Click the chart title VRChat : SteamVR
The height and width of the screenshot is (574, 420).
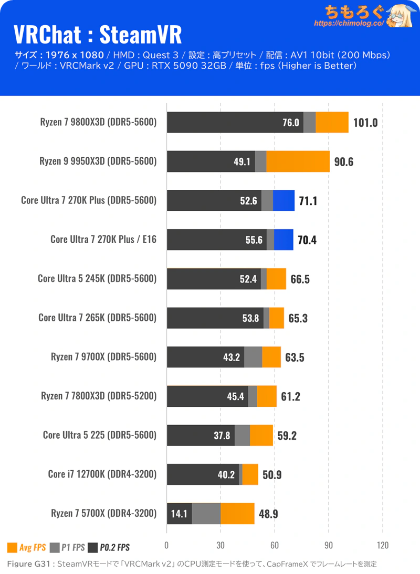pos(97,35)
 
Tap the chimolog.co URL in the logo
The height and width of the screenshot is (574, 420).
pos(349,24)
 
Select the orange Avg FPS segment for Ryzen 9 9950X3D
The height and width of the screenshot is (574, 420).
pos(298,161)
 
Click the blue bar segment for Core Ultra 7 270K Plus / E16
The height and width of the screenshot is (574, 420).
pos(283,240)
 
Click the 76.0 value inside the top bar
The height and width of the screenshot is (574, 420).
pos(290,123)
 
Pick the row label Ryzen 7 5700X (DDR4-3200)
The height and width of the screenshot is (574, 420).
pos(104,513)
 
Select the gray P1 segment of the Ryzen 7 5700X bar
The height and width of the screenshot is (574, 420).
pos(206,513)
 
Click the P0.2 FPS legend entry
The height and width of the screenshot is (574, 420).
pos(109,548)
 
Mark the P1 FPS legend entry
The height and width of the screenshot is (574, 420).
pos(67,548)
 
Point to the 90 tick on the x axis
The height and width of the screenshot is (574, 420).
pos(329,545)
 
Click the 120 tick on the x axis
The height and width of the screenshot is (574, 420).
pos(383,545)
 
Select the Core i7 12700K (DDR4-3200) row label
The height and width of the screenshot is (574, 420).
pos(102,474)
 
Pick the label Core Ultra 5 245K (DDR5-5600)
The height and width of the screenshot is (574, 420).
pos(97,278)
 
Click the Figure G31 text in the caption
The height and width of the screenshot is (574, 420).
pos(29,564)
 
